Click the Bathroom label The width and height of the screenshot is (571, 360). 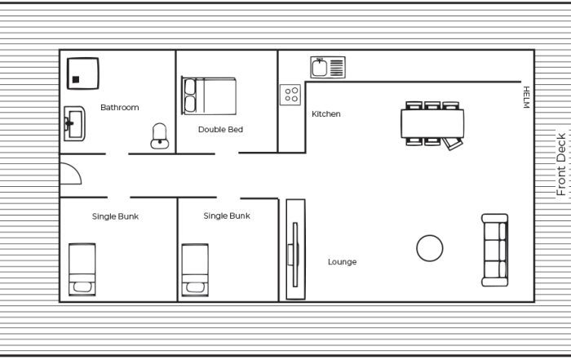click(119, 108)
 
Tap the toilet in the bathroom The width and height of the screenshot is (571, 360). click(160, 136)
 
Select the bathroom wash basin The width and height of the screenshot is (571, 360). click(75, 124)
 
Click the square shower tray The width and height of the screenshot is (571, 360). click(83, 73)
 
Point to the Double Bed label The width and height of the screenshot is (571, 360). click(220, 129)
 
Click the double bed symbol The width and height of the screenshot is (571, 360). click(209, 96)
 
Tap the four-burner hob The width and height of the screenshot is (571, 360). click(290, 95)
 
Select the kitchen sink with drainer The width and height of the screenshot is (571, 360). click(328, 68)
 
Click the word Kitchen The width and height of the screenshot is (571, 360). click(326, 114)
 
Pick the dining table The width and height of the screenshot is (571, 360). click(432, 123)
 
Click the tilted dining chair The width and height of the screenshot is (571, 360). click(453, 144)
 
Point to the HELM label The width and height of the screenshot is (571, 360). click(526, 97)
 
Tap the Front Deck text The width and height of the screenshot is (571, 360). click(561, 164)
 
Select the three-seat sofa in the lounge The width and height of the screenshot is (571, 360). click(495, 250)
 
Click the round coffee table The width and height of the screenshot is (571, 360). click(430, 248)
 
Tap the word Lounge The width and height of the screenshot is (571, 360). click(342, 262)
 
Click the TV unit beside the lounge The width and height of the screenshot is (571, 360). click(295, 249)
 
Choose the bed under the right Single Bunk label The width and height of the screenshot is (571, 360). click(195, 269)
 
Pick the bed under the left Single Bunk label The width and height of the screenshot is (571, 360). click(82, 269)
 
